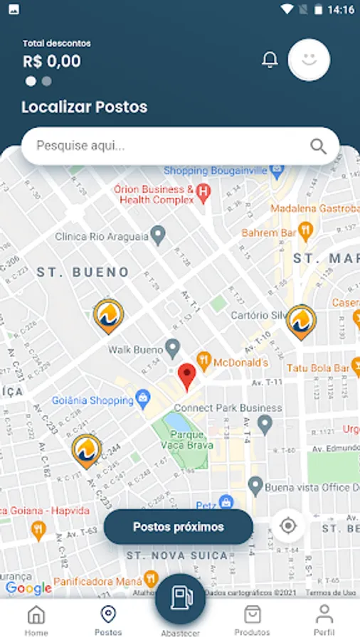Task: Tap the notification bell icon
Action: pos(270,60)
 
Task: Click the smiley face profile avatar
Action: pos(309,60)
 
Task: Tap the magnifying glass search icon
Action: pos(318,146)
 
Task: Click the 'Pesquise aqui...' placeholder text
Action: pos(80,146)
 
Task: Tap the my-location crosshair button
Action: pos(288,526)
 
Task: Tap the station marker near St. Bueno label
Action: pos(108,317)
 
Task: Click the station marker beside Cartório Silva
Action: pos(301,321)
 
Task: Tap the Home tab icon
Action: pos(36,614)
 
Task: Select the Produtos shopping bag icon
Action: pos(253,614)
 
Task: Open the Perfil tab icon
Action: pos(324,614)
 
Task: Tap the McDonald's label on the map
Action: pos(240,363)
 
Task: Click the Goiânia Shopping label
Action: pos(92,400)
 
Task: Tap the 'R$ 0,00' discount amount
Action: pos(52,61)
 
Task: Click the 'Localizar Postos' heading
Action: pos(85,107)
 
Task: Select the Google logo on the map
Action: pos(28,588)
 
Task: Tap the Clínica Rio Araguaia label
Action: pos(102,236)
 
